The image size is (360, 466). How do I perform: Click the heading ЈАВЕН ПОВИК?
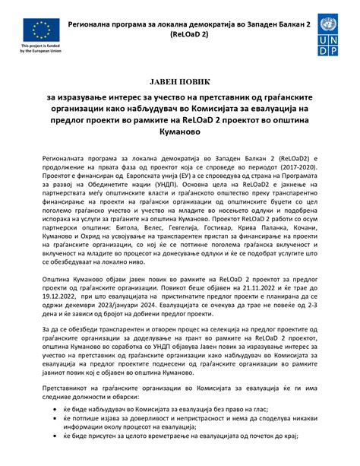pos(180,81)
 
